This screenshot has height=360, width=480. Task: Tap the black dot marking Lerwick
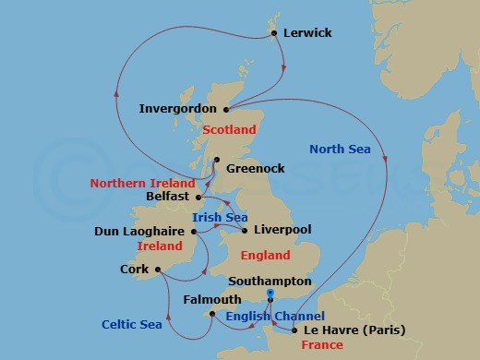pyautogui.click(x=274, y=33)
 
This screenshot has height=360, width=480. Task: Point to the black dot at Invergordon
pyautogui.click(x=226, y=108)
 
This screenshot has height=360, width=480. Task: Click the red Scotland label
pyautogui.click(x=229, y=130)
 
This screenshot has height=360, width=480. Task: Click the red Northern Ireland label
pyautogui.click(x=143, y=183)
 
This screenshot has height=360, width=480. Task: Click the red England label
pyautogui.click(x=265, y=255)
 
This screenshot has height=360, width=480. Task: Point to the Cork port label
pyautogui.click(x=134, y=270)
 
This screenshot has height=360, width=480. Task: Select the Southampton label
pyautogui.click(x=271, y=281)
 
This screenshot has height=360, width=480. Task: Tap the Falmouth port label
pyautogui.click(x=211, y=300)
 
